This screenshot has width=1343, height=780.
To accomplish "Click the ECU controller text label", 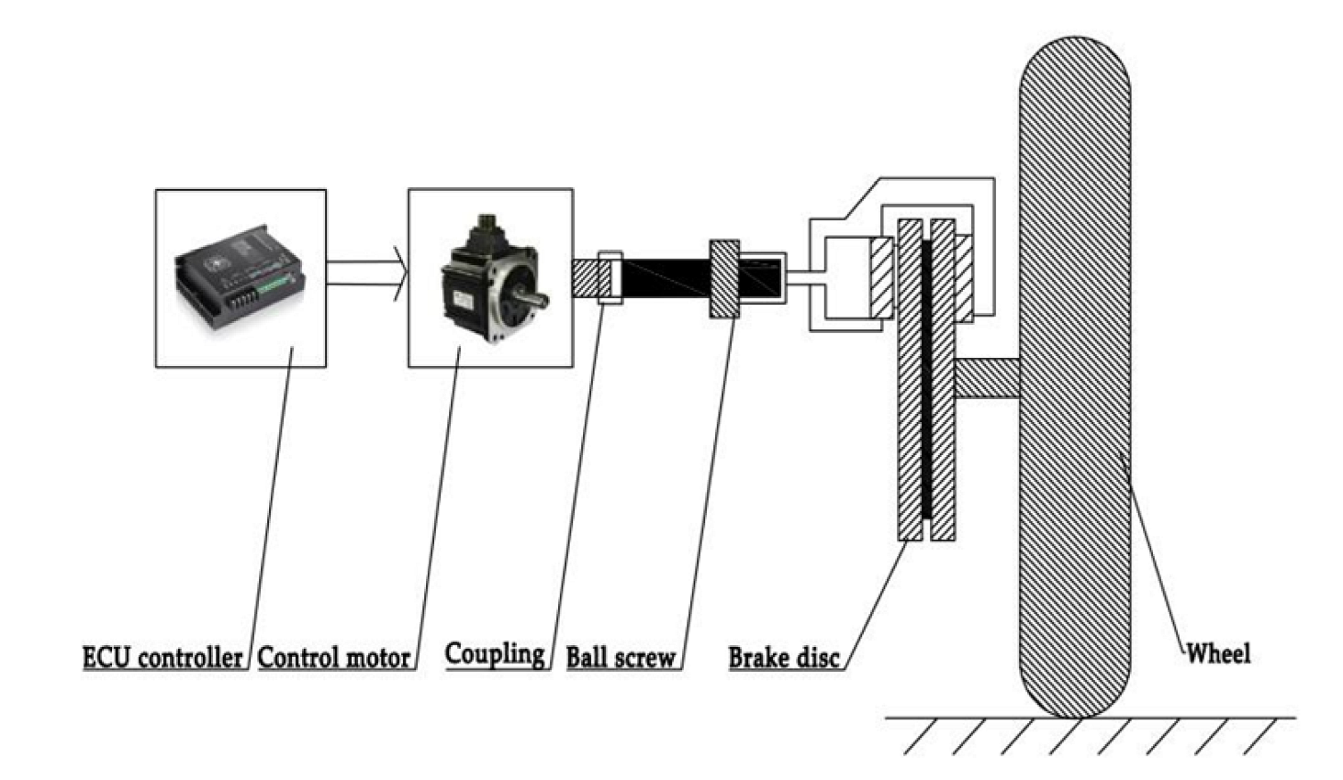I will click(162, 657).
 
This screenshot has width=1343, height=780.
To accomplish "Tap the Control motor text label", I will click(333, 657).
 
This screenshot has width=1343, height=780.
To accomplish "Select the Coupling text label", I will click(494, 653).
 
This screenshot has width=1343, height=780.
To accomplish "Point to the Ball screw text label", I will click(621, 657).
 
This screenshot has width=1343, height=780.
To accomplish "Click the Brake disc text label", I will click(783, 657).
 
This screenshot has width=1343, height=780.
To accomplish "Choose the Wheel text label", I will click(1218, 653).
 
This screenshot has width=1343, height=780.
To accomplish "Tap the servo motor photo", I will click(492, 281).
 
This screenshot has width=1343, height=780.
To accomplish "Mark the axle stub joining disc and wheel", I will click(988, 377).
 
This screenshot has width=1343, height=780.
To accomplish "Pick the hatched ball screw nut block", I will click(724, 279).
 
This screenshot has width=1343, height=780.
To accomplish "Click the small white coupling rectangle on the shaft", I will click(610, 277).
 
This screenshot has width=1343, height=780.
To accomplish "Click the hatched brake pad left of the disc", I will click(881, 277).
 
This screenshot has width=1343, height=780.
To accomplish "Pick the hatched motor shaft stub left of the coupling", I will click(585, 277).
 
